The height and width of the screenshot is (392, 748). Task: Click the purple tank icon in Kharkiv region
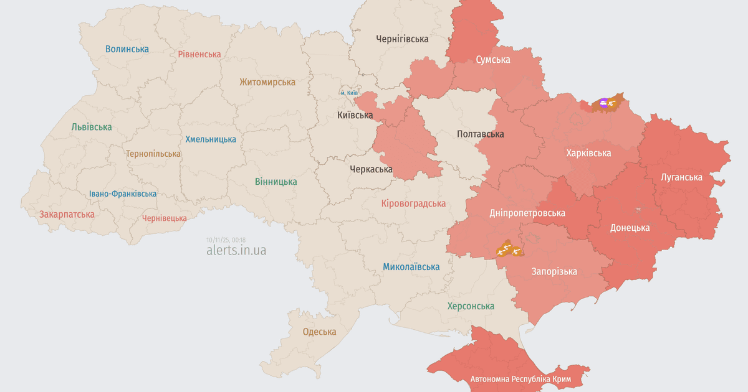click(x=603, y=102)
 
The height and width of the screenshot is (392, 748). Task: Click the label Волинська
click(x=127, y=49)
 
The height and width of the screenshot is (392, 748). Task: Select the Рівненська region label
click(x=199, y=54)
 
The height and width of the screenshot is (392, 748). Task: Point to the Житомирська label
click(x=267, y=82)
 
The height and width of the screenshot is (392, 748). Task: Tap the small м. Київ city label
click(x=349, y=93)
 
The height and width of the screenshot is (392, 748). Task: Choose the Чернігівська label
click(x=402, y=39)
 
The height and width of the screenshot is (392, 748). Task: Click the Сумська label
click(x=492, y=60)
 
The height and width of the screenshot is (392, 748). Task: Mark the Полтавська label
click(x=480, y=134)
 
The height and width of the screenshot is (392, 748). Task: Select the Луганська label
click(x=681, y=177)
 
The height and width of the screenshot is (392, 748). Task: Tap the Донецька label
click(x=630, y=228)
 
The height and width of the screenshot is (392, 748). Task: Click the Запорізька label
click(x=554, y=271)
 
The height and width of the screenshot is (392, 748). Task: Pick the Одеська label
click(x=319, y=332)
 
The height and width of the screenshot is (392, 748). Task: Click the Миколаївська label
click(x=411, y=267)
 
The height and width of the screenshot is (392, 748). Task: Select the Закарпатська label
click(x=67, y=214)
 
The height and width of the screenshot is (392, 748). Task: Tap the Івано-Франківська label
click(x=123, y=194)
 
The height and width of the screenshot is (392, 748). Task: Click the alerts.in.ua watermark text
click(x=236, y=250)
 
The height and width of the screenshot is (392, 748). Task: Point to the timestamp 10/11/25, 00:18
click(x=226, y=240)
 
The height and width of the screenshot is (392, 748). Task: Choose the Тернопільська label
click(x=153, y=153)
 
